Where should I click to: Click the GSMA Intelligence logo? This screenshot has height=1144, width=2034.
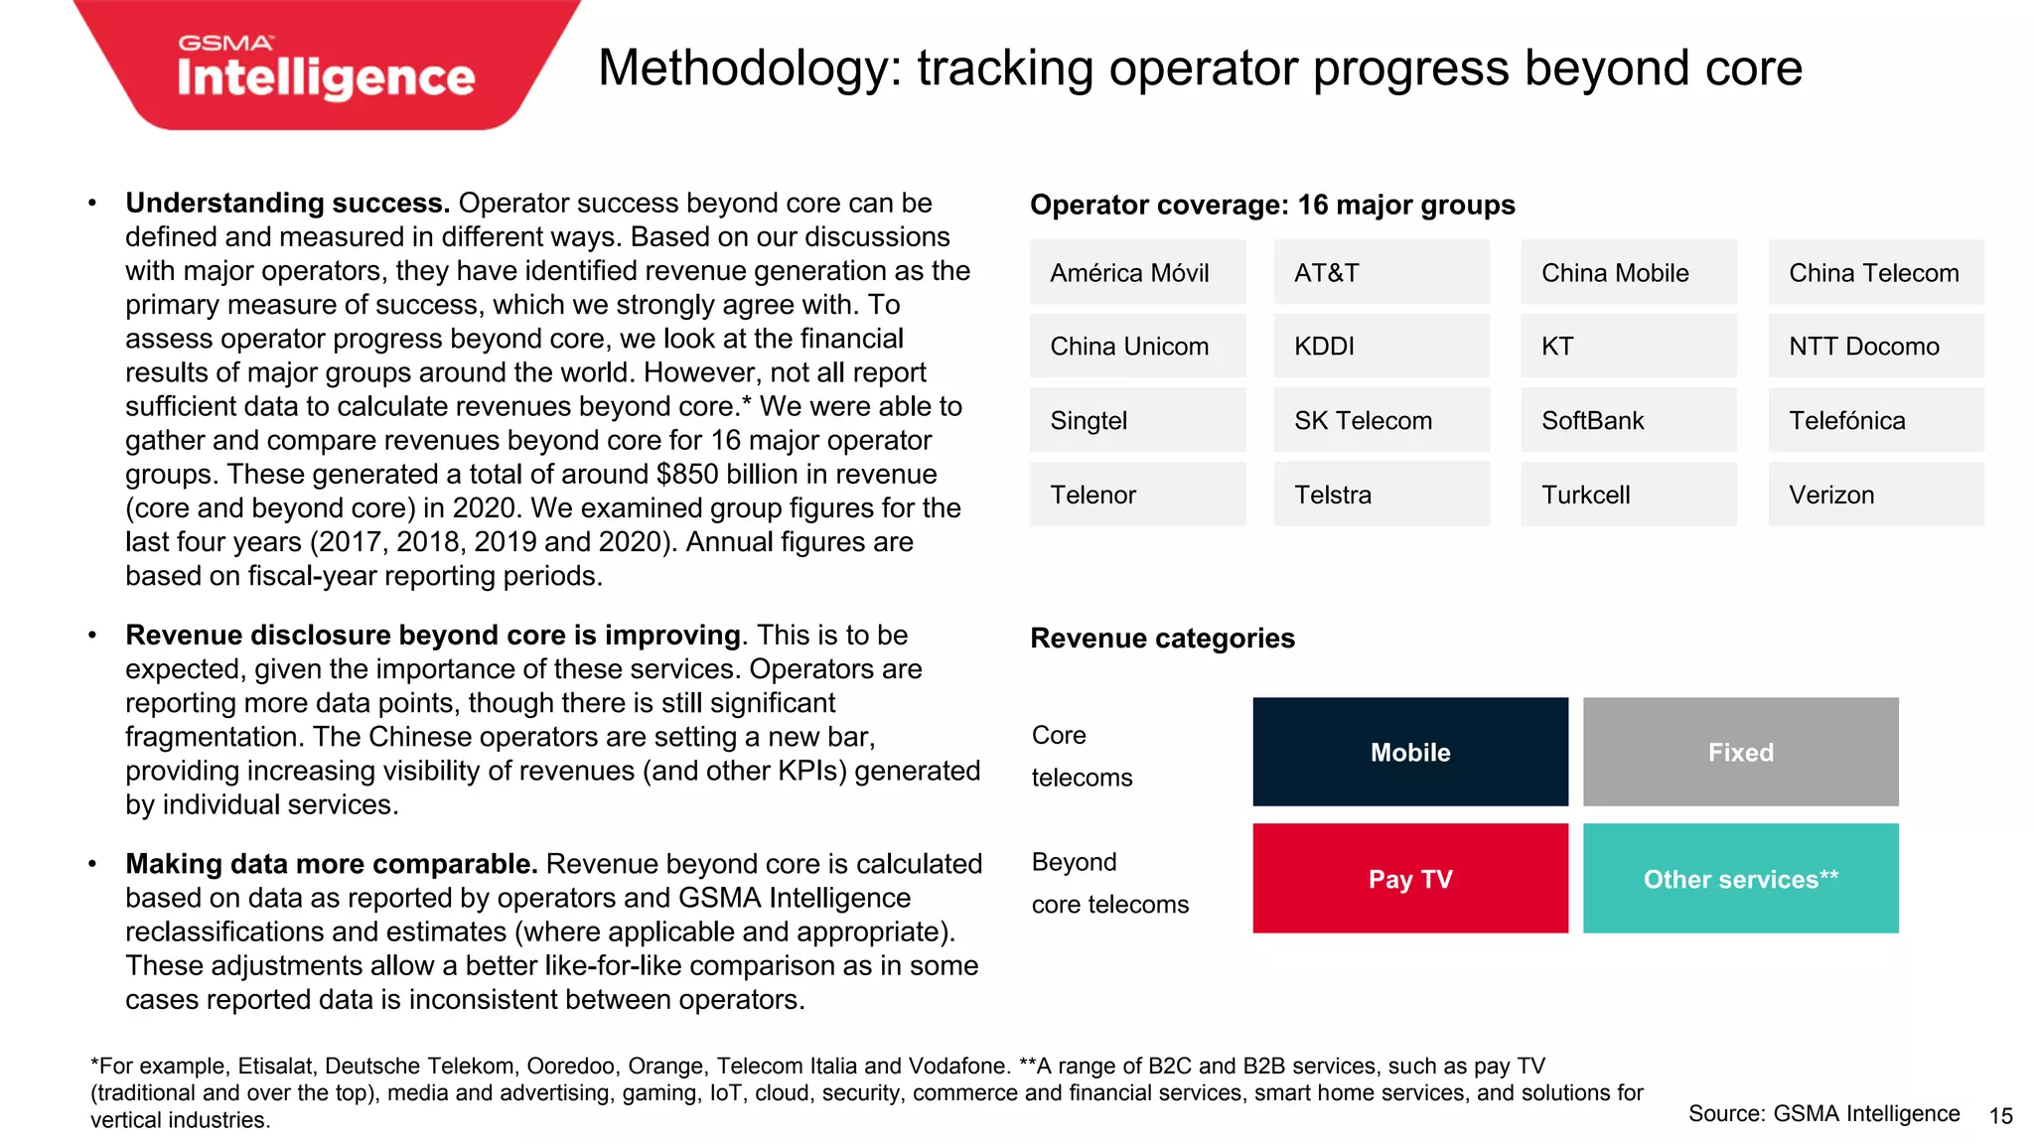pos(326,68)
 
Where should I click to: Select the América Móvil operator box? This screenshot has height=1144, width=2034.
pos(1137,272)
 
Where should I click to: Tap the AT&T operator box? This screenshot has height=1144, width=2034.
pos(1381,272)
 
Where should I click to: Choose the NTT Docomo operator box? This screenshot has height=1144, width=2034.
pos(1876,347)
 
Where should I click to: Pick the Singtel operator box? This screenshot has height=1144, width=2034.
pos(1137,420)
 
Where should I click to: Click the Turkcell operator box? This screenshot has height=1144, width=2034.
pos(1629,495)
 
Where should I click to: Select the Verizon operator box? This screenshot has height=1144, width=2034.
pos(1876,495)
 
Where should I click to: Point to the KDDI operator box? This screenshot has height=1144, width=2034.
pos(1381,347)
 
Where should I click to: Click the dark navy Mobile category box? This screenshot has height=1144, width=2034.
pos(1410,752)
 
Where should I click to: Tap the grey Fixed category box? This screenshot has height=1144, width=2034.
pos(1740,752)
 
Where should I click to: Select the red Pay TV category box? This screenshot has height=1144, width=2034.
pos(1410,879)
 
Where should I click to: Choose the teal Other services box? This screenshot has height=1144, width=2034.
pos(1740,879)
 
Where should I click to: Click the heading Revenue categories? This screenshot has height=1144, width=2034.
pos(1162,639)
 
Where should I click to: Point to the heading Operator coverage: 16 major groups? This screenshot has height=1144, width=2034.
pos(1272,206)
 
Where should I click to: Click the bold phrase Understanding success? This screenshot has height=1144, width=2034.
pos(287,204)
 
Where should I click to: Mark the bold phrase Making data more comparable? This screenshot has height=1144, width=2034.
pos(332,864)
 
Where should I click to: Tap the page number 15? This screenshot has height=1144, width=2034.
pos(2000,1116)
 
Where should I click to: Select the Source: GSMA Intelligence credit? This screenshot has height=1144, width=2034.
pos(1823,1114)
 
